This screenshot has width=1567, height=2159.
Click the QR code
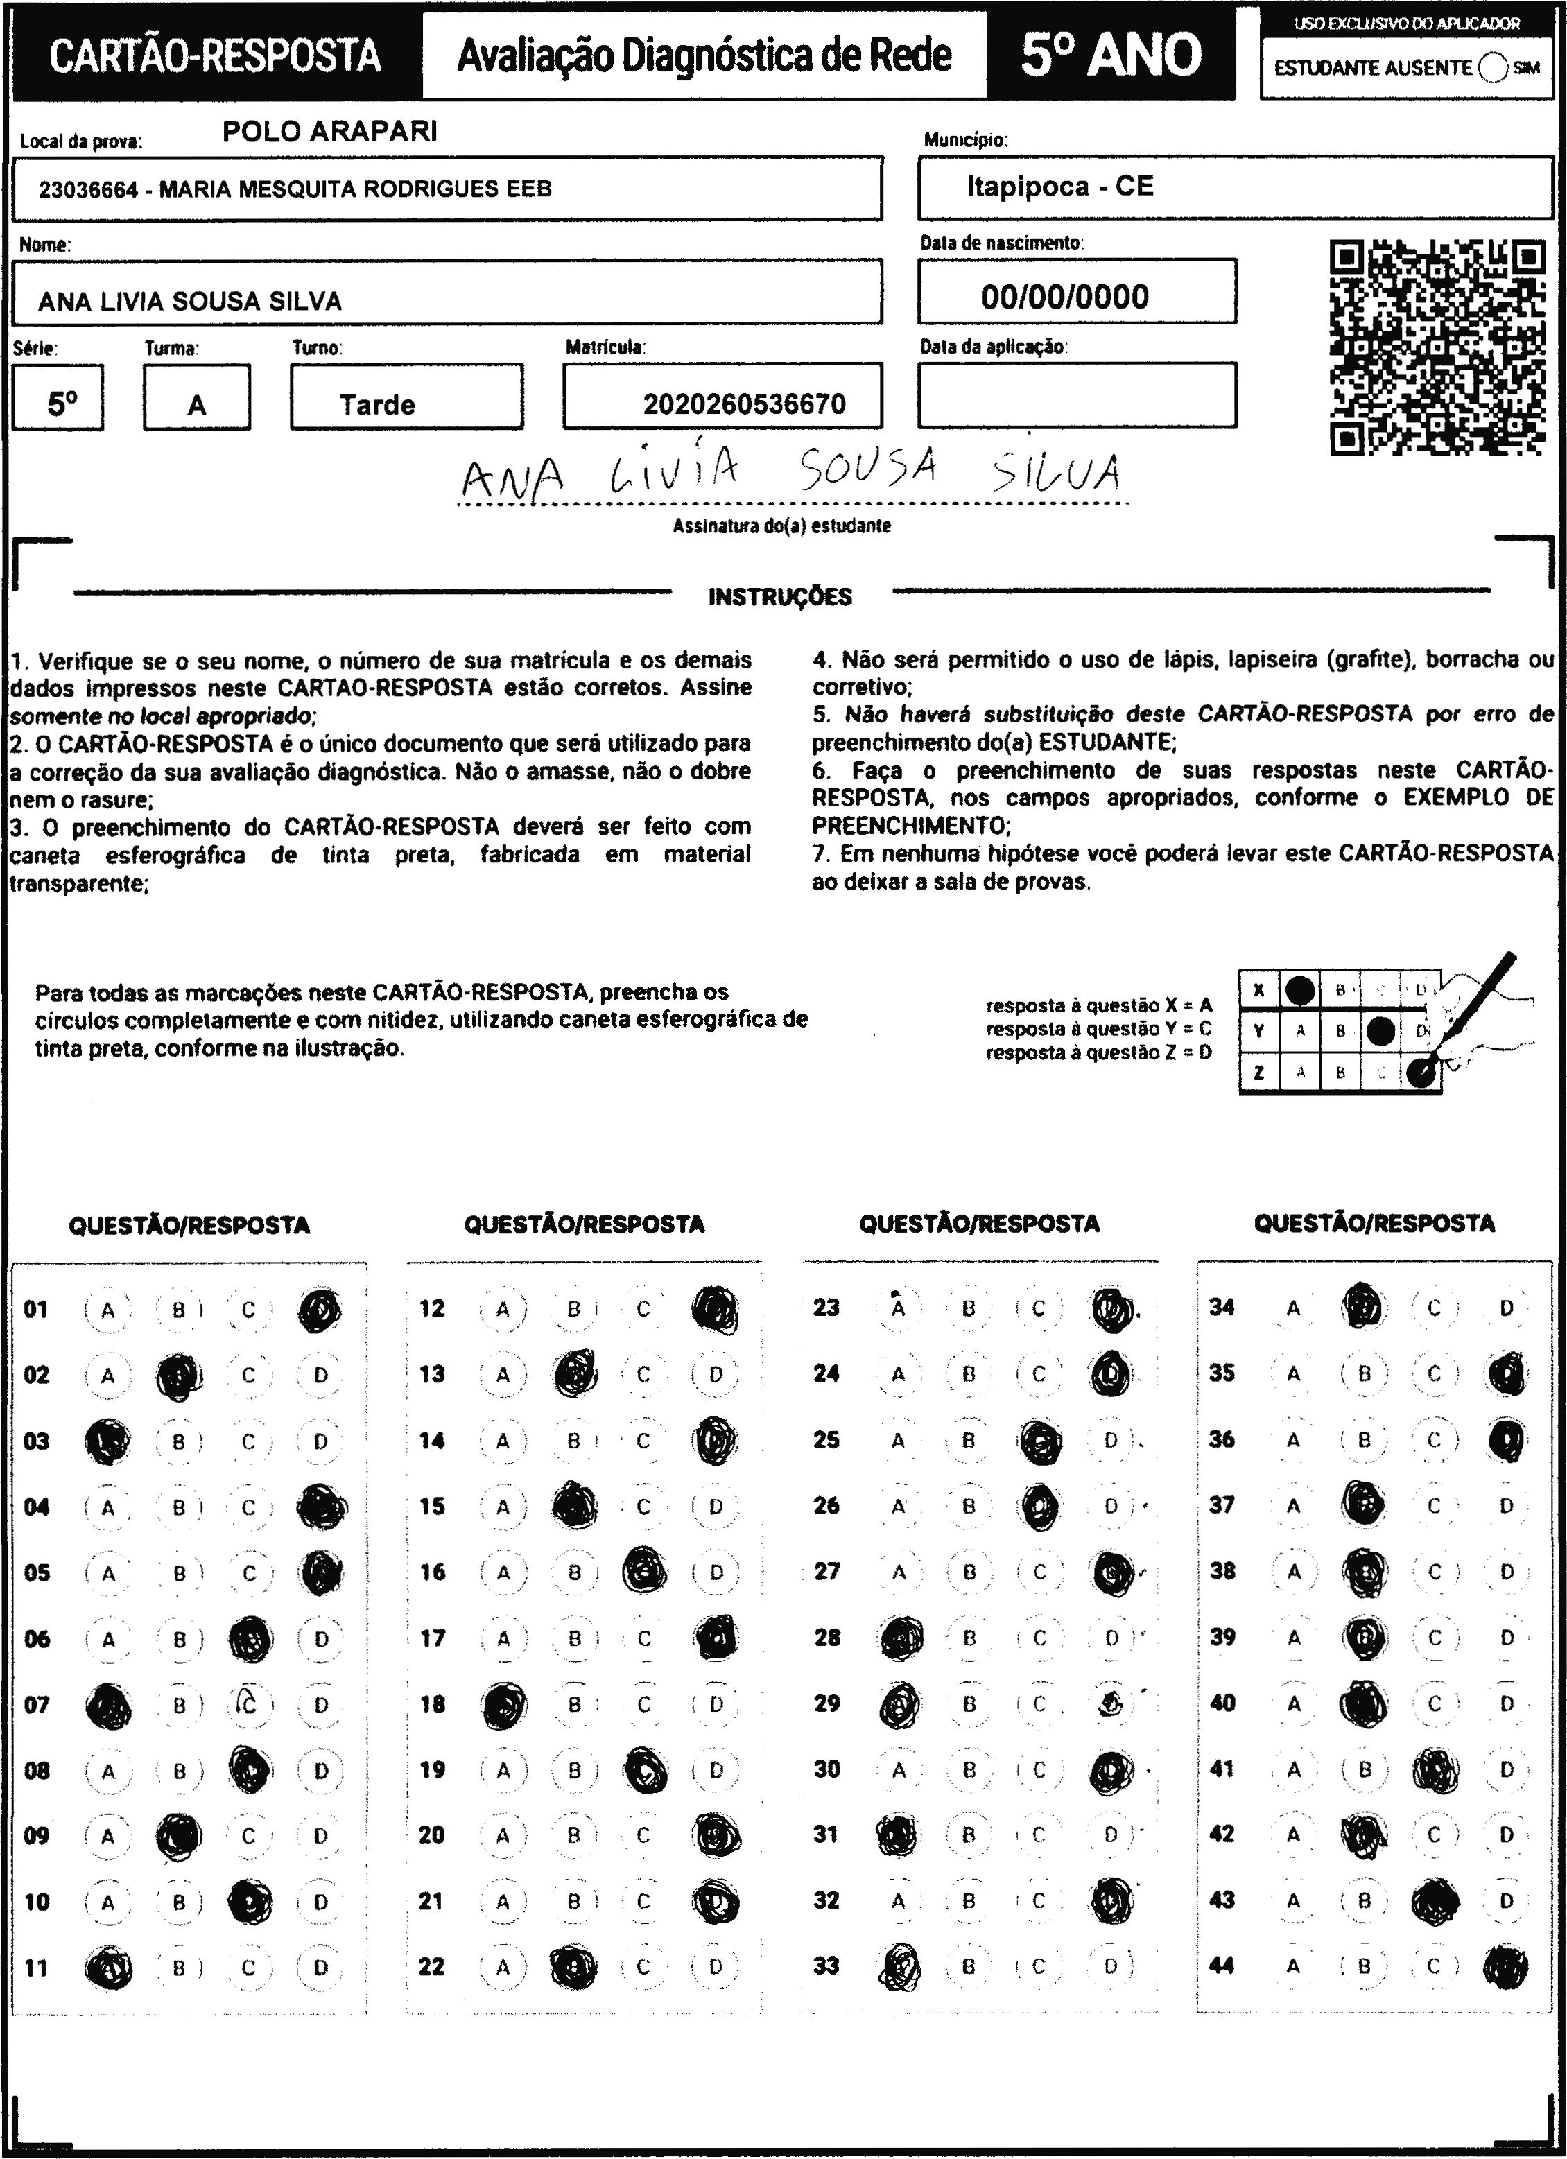pyautogui.click(x=1437, y=347)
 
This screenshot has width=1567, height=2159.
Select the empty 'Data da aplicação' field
pyautogui.click(x=1077, y=395)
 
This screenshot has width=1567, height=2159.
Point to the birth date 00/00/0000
pyautogui.click(x=1065, y=297)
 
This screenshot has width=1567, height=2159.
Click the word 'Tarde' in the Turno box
pyautogui.click(x=377, y=406)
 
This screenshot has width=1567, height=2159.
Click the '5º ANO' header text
pyautogui.click(x=1111, y=54)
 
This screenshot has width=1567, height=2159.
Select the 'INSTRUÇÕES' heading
pyautogui.click(x=780, y=597)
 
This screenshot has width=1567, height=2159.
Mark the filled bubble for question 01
pyautogui.click(x=320, y=1310)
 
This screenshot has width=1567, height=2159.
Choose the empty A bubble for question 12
pyautogui.click(x=503, y=1310)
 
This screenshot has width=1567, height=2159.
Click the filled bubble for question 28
pyautogui.click(x=898, y=1638)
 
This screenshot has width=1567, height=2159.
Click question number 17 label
pyautogui.click(x=432, y=1638)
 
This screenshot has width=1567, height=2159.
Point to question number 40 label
pyautogui.click(x=1222, y=1702)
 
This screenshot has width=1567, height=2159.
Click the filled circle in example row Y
pyautogui.click(x=1380, y=1031)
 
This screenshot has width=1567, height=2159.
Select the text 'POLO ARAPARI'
pyautogui.click(x=330, y=131)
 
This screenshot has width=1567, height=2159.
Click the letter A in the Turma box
pyautogui.click(x=197, y=406)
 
